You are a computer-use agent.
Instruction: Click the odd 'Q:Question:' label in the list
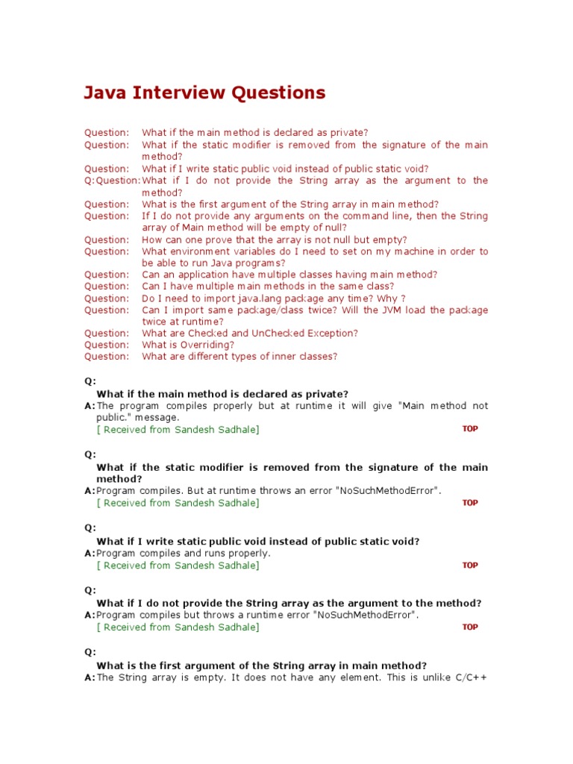point(112,181)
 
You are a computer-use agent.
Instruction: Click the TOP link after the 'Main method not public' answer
point(470,429)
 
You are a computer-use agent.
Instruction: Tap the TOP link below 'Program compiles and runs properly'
point(470,566)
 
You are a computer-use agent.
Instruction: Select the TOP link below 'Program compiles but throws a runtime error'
point(470,627)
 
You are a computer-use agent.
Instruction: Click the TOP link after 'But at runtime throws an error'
point(470,503)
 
